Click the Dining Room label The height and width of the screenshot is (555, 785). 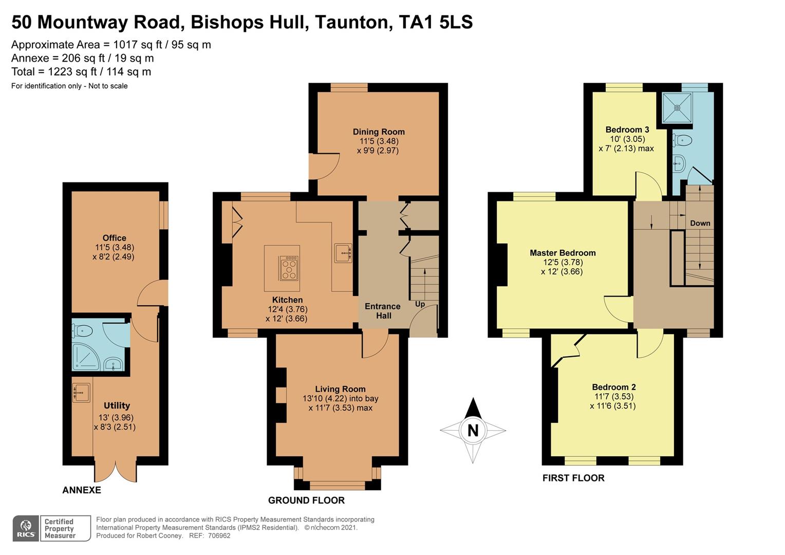point(379,132)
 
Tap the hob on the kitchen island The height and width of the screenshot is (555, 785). point(289,268)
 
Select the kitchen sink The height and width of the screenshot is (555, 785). point(343,253)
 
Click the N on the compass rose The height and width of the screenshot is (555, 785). point(473,430)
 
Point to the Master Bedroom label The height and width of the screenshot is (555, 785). point(563,253)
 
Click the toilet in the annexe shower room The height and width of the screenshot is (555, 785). point(82,330)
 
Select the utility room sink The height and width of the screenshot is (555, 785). point(81,393)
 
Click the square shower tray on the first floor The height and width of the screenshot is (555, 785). point(677,107)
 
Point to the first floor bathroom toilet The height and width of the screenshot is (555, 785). point(683,140)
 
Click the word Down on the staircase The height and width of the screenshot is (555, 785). point(700,223)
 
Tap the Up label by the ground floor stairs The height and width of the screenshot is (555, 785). point(420,304)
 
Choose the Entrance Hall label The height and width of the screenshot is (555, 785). point(383,311)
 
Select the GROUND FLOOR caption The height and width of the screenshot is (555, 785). point(306,500)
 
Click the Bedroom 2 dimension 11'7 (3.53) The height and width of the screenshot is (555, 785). point(614,396)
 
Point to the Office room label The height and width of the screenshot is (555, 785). point(114,238)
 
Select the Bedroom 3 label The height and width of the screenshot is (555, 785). point(627,129)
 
